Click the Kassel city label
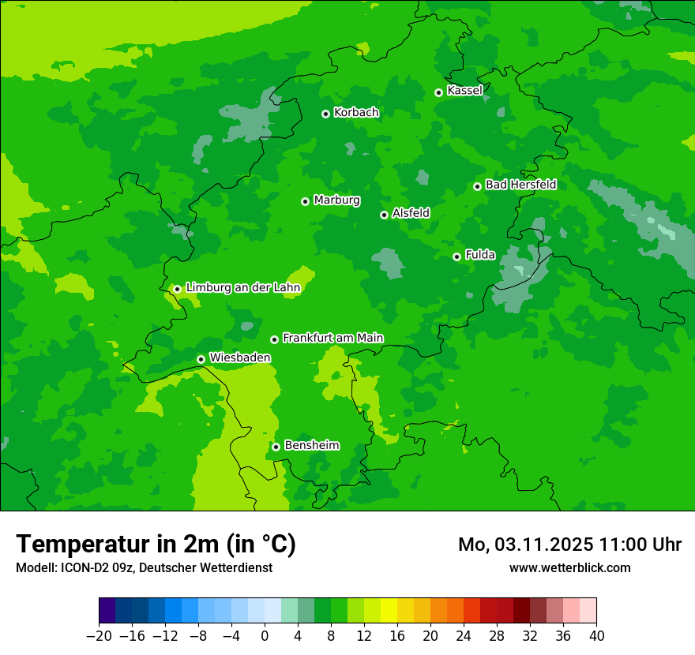(464, 91)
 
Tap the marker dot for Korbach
(325, 114)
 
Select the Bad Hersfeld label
(520, 185)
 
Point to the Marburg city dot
(305, 201)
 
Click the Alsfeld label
(411, 213)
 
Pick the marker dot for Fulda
(456, 256)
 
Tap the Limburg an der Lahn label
(242, 288)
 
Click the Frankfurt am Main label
(332, 338)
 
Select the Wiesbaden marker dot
(201, 359)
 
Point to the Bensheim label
(311, 445)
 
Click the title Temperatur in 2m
(156, 545)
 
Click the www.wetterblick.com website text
(569, 567)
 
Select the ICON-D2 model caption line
(144, 567)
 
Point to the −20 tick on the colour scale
(99, 636)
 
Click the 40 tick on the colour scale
(596, 636)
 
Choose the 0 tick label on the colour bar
(265, 636)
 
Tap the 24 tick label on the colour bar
(464, 636)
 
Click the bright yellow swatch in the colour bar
(389, 611)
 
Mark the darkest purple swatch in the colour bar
(107, 611)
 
